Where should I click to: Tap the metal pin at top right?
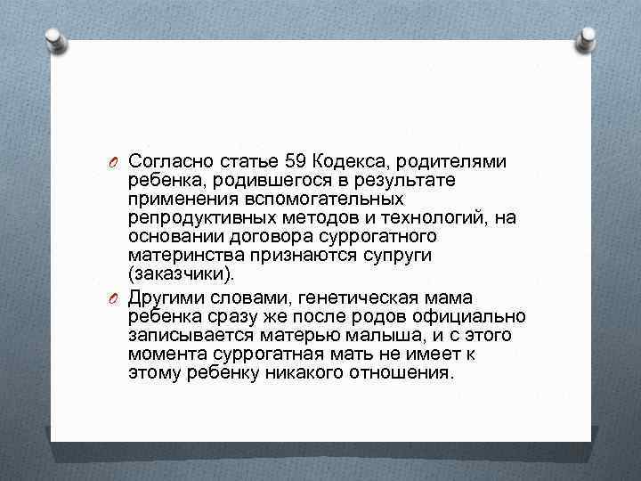587,37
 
